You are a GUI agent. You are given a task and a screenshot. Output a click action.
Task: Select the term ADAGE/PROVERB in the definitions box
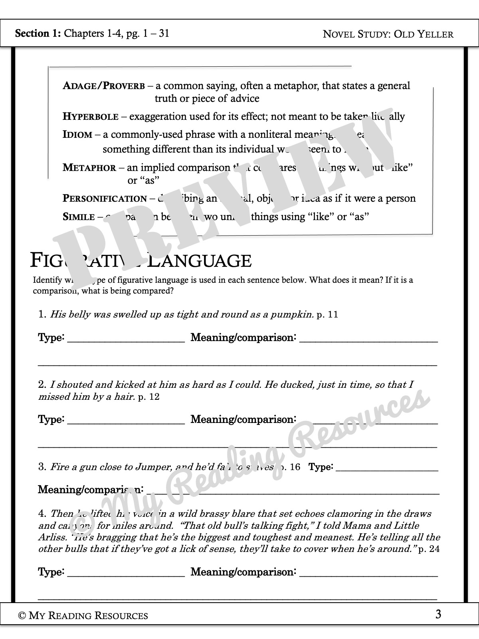104,86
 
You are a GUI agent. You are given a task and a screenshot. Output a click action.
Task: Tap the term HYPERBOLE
91,117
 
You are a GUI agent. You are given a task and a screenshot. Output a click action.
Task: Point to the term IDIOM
77,135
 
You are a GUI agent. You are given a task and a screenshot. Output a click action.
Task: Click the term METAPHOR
89,168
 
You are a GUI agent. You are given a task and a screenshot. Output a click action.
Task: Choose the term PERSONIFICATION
105,198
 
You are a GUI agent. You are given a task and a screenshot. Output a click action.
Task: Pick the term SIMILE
79,217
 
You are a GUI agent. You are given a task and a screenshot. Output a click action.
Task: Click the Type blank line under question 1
126,340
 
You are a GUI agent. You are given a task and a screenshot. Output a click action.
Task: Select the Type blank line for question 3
387,470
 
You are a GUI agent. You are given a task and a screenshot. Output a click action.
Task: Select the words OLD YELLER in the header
424,34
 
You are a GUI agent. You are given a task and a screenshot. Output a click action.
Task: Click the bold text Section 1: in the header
38,33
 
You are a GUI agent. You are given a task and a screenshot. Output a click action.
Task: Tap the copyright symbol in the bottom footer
22,616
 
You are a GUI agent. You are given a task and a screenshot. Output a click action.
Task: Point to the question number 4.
42,514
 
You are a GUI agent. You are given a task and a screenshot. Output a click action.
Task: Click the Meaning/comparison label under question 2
243,419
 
